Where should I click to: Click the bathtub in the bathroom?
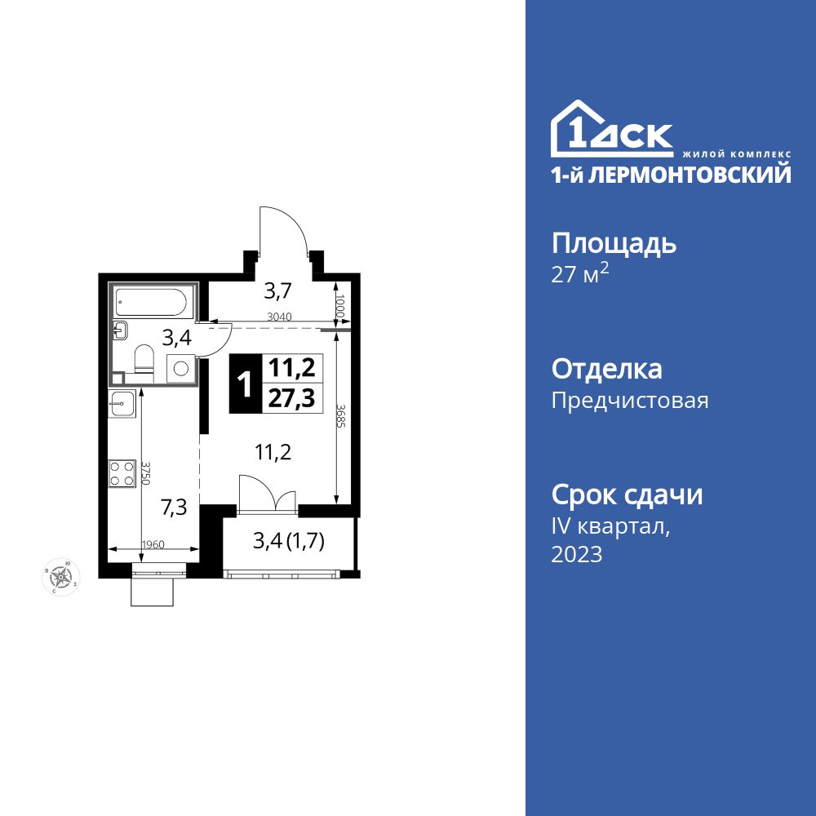pyautogui.click(x=153, y=303)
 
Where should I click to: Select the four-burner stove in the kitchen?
pyautogui.click(x=122, y=473)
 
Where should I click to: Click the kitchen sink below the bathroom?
pyautogui.click(x=122, y=403)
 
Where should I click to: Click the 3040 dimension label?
pyautogui.click(x=279, y=317)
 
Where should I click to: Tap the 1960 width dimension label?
pyautogui.click(x=153, y=545)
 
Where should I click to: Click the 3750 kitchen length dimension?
pyautogui.click(x=146, y=474)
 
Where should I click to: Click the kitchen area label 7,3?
pyautogui.click(x=174, y=508)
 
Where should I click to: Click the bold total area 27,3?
pyautogui.click(x=291, y=397)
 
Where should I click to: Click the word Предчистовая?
pyautogui.click(x=630, y=401)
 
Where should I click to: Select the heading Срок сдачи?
pyautogui.click(x=627, y=494)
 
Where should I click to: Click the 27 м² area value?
pyautogui.click(x=580, y=274)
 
